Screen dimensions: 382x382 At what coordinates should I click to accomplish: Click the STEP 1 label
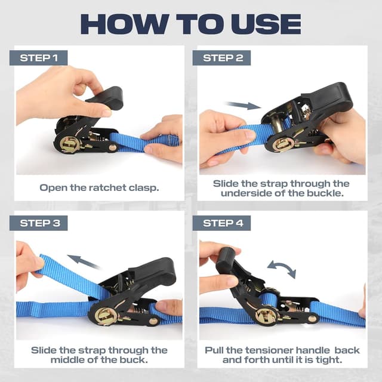(x=39, y=58)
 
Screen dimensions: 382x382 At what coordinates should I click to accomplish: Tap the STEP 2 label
(x=222, y=58)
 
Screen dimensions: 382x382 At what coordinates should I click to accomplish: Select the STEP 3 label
(x=39, y=223)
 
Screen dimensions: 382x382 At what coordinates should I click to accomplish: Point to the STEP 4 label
(x=222, y=223)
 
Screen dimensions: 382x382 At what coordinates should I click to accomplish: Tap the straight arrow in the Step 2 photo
(x=243, y=106)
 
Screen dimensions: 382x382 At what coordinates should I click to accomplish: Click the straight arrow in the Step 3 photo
(x=84, y=261)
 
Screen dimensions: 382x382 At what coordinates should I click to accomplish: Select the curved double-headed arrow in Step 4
(x=281, y=269)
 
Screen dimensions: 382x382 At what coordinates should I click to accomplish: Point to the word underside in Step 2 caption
(x=249, y=194)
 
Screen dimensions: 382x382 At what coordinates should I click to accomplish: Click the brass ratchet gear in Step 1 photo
(x=70, y=144)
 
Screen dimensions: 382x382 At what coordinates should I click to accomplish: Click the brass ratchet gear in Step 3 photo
(x=106, y=316)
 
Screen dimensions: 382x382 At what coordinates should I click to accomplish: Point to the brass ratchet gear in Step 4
(x=266, y=316)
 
